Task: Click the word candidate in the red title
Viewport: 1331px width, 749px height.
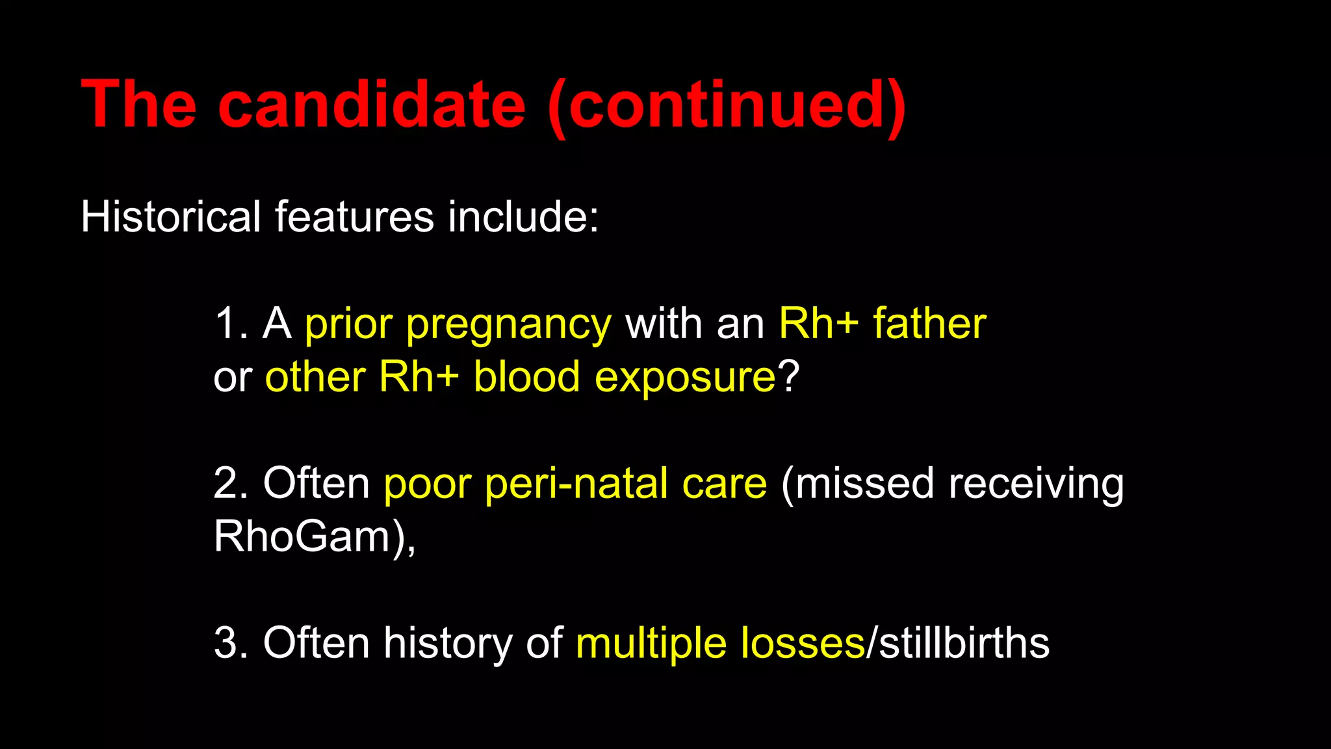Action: (371, 104)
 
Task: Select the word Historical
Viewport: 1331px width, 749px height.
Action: (170, 217)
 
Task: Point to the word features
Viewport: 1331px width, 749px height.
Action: (354, 217)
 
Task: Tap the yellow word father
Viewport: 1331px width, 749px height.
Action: (929, 324)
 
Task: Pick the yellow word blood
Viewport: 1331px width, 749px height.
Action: (526, 377)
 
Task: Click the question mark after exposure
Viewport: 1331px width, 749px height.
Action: (788, 377)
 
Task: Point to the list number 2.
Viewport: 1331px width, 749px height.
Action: (228, 484)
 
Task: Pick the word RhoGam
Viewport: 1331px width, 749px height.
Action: (302, 537)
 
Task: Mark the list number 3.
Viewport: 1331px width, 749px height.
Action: (228, 644)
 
